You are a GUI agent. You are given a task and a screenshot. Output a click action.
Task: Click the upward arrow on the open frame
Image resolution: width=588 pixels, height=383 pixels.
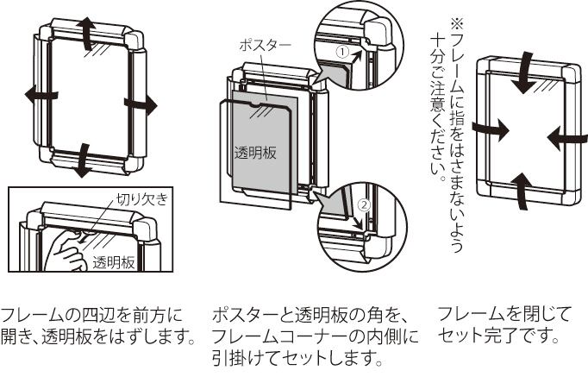point(87,33)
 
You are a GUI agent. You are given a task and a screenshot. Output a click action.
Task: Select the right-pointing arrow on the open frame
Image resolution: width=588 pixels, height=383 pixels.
point(141,104)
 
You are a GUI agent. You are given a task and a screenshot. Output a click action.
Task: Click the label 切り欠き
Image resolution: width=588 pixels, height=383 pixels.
point(141,199)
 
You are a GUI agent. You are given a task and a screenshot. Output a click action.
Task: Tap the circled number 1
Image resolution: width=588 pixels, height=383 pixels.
point(341,53)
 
